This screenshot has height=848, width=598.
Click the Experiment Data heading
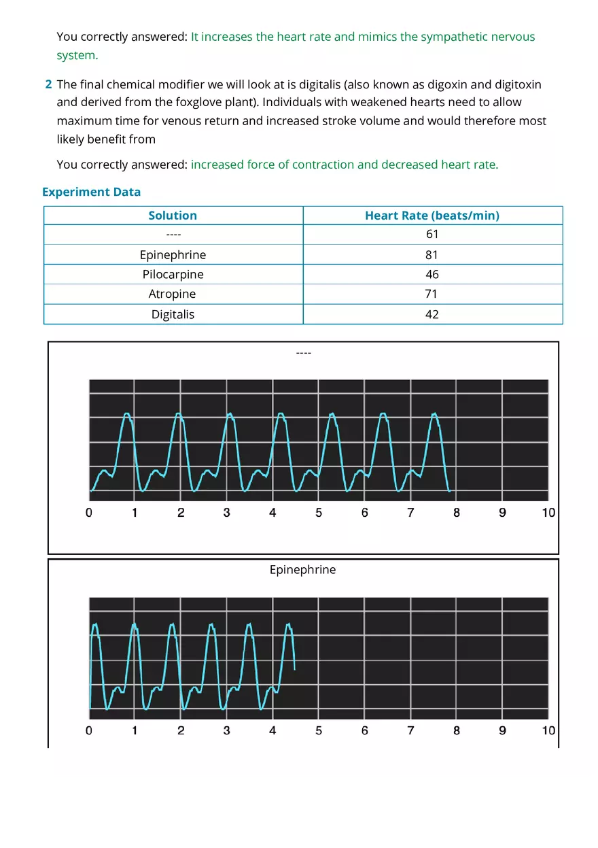[91, 192]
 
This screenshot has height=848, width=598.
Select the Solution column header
[173, 216]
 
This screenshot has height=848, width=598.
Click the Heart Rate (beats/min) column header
[432, 216]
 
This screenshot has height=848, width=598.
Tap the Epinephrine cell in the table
[173, 255]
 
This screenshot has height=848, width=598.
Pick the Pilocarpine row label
[173, 275]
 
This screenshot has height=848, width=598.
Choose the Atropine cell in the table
[173, 294]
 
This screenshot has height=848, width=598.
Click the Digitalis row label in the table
[173, 315]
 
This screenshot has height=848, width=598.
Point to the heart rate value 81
[432, 255]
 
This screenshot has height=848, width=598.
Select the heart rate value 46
[432, 275]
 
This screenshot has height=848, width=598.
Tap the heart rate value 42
[432, 315]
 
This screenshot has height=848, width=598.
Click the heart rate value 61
[432, 235]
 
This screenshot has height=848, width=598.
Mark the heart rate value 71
[432, 294]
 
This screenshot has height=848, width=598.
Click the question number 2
[48, 85]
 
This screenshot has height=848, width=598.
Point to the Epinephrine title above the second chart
[302, 570]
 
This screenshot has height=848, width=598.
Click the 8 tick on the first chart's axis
[457, 513]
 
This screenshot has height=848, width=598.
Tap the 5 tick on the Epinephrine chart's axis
[319, 730]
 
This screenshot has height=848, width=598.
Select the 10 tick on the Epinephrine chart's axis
[548, 730]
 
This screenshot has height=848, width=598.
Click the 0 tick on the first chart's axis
[89, 513]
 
